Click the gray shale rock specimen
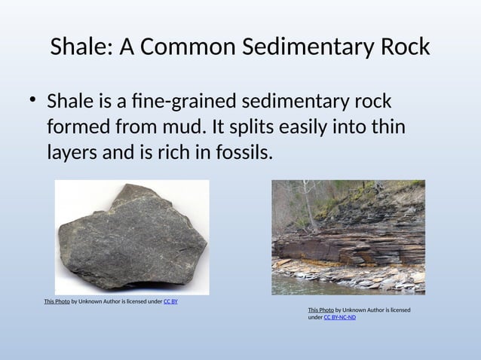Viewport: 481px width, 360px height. coord(133,238)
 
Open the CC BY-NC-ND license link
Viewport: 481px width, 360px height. coord(340,317)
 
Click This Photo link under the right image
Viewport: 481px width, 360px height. coord(320,310)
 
